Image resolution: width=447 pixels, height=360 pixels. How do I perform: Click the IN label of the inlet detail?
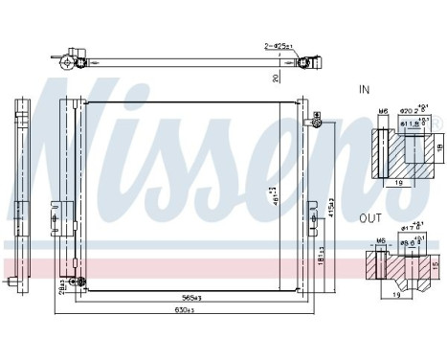click(x=365, y=89)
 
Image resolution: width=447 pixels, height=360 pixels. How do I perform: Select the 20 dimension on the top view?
click(x=274, y=77)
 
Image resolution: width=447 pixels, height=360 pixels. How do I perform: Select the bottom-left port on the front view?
click(x=12, y=283)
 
